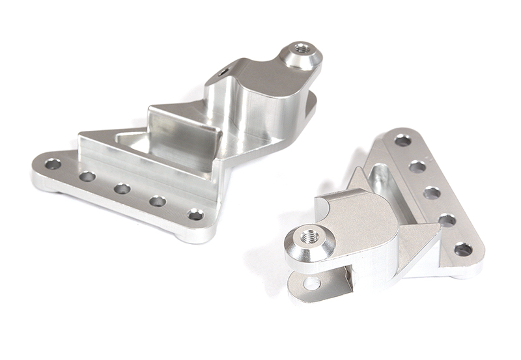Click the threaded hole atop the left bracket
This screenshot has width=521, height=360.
click(x=301, y=48)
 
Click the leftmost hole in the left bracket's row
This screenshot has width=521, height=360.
click(x=52, y=163)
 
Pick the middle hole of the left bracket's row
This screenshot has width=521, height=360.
click(x=122, y=189)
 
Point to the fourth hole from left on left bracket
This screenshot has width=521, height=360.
click(x=158, y=201)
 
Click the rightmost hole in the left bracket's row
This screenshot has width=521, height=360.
click(x=195, y=214)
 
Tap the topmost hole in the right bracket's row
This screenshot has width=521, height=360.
click(x=402, y=140)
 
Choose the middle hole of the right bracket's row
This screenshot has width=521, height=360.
click(x=432, y=193)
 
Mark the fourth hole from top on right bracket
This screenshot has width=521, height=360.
click(x=447, y=220)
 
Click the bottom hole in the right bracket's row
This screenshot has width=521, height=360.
click(x=463, y=249)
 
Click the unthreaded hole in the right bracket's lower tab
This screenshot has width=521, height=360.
click(x=311, y=283)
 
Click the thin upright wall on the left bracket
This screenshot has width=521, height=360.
click(x=182, y=133)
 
